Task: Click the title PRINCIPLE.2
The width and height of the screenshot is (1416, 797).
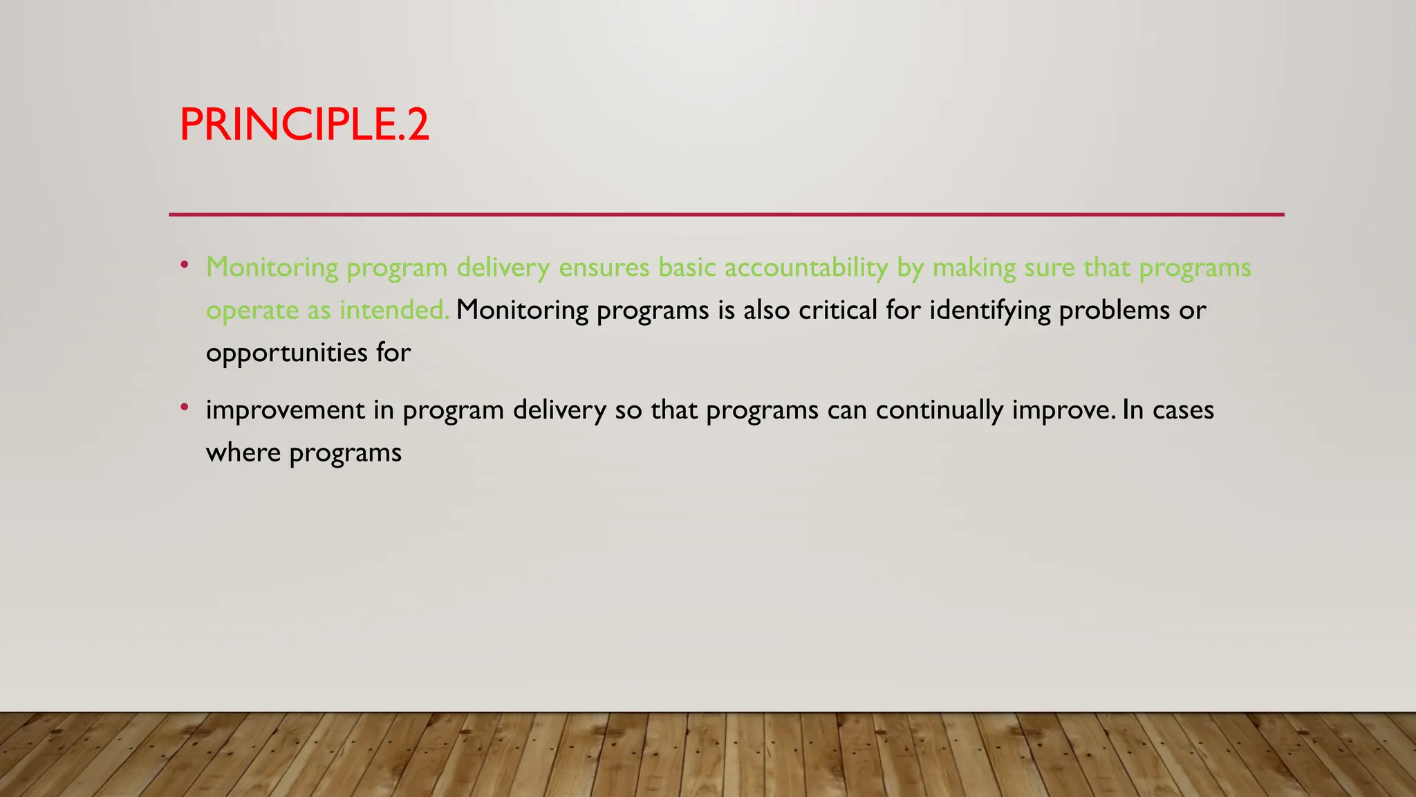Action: [x=304, y=125]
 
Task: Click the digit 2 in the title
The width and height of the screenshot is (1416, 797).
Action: [x=418, y=125]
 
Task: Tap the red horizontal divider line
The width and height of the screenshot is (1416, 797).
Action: [x=726, y=214]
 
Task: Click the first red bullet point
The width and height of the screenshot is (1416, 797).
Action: [x=184, y=265]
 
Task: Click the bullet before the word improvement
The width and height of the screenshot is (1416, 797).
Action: [x=184, y=407]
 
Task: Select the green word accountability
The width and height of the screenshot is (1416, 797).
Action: [x=806, y=268]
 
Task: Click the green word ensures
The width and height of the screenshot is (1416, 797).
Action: [x=604, y=268]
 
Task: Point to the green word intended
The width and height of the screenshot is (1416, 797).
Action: [x=394, y=310]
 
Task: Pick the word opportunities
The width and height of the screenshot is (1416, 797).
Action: [x=286, y=354]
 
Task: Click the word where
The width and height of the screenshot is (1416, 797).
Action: [x=243, y=453]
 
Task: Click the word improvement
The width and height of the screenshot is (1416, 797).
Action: [x=285, y=410]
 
